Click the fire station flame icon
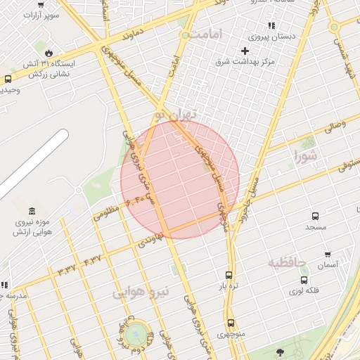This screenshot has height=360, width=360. tap(48, 53)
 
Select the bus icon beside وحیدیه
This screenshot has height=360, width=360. tap(8, 79)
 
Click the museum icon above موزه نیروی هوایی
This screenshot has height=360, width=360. tap(32, 212)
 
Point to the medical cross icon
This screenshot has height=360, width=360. tap(245, 51)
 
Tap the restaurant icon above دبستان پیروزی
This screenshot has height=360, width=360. tap(271, 25)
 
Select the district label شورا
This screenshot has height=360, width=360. tap(307, 155)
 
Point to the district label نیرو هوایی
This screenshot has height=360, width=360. tap(141, 293)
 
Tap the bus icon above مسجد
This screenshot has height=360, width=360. tap(315, 217)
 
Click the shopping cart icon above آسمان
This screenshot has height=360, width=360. tap(328, 255)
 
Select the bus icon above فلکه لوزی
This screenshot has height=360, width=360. tap(304, 279)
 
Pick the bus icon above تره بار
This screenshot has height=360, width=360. tap(229, 276)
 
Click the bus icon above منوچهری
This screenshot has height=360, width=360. tap(231, 323)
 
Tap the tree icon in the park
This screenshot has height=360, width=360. tap(280, 352)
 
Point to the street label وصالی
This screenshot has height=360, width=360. tap(335, 126)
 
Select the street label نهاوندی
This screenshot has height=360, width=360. tap(150, 240)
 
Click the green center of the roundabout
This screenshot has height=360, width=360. tap(137, 333)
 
